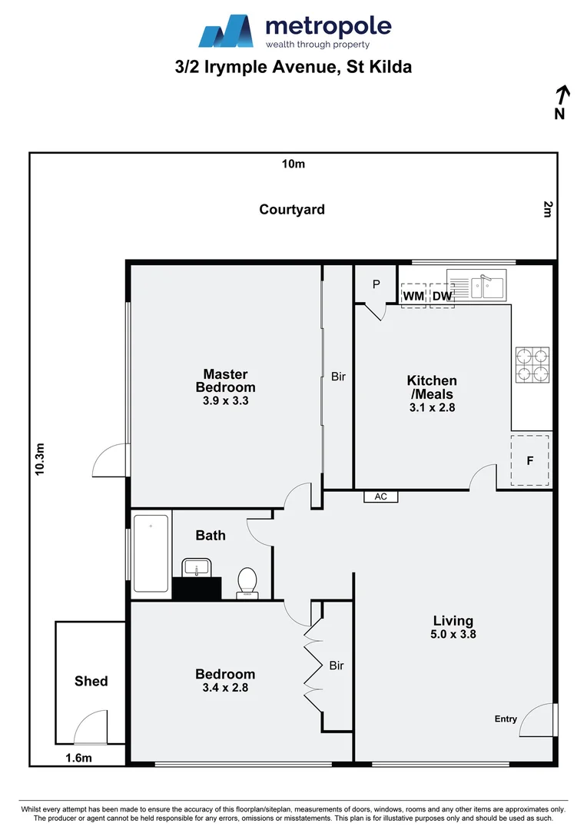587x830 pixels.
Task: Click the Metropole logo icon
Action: [x=227, y=32]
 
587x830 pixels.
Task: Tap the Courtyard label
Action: [x=292, y=209]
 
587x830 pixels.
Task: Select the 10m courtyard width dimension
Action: [x=293, y=164]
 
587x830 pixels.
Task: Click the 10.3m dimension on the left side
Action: [x=41, y=459]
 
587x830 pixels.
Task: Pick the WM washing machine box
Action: [x=413, y=296]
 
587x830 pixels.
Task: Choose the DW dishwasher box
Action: [x=442, y=296]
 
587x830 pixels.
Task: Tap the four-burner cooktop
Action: [x=532, y=364]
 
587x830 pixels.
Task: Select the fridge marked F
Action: [x=530, y=461]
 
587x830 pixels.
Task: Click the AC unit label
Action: [x=380, y=497]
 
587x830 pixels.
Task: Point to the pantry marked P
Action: [x=376, y=284]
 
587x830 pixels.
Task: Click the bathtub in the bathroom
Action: [x=151, y=553]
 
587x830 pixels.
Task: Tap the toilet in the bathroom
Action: [x=247, y=582]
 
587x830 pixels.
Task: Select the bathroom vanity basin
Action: [x=197, y=569]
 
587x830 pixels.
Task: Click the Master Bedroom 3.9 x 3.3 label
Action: [x=225, y=387]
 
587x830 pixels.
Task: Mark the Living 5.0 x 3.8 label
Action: [x=453, y=627]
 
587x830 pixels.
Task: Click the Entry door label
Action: [x=506, y=719]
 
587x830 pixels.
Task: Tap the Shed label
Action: [x=91, y=681]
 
